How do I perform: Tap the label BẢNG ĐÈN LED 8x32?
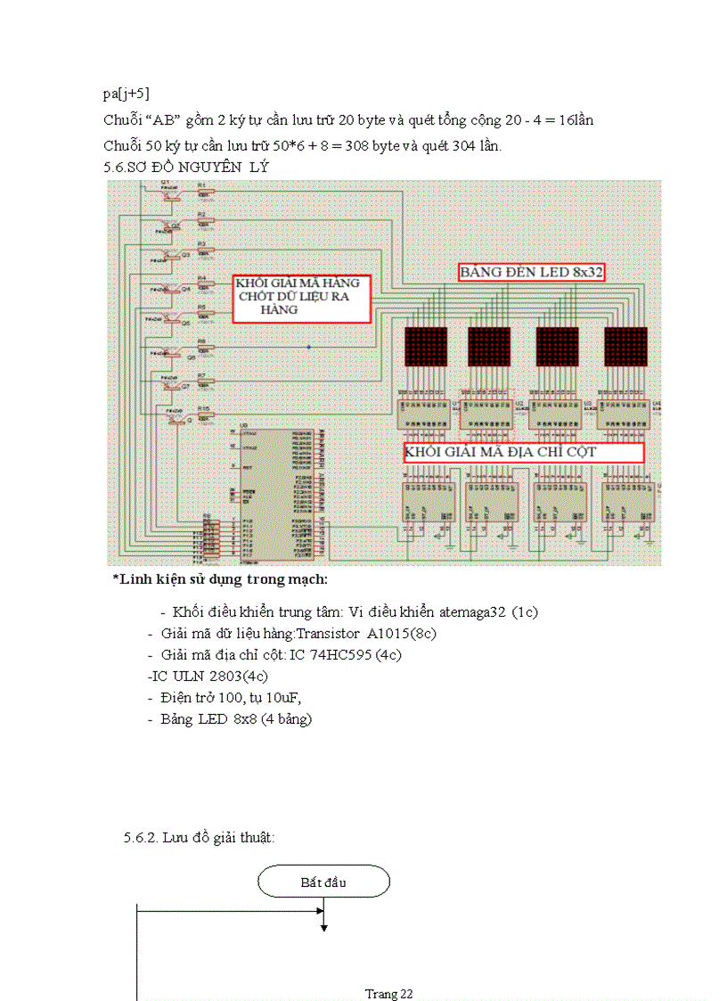[532, 273]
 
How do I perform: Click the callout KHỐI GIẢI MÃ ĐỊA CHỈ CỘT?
[523, 452]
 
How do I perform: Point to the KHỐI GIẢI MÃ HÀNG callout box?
[301, 298]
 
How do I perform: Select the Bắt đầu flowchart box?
[323, 882]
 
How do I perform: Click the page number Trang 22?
[388, 993]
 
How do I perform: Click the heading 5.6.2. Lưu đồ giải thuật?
[199, 837]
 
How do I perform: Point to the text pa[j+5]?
[126, 93]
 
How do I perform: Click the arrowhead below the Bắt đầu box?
[323, 928]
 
